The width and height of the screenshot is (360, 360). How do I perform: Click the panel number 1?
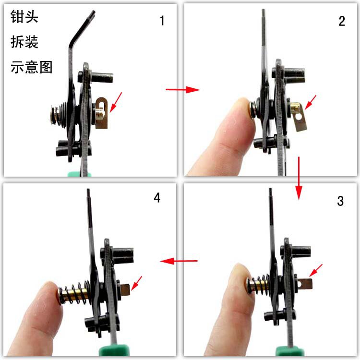tap(162, 21)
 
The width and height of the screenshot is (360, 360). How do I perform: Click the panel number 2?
tap(342, 21)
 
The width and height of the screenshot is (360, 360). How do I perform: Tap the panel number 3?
tap(340, 201)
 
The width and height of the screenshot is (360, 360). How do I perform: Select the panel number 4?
tap(157, 198)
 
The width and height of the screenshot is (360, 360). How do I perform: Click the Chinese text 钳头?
tap(24, 16)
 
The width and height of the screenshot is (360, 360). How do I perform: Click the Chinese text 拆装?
tap(24, 42)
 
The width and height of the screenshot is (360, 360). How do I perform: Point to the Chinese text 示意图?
tap(32, 67)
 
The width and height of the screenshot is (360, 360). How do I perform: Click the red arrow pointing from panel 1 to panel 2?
tap(183, 89)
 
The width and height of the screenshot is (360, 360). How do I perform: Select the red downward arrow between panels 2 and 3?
tap(299, 178)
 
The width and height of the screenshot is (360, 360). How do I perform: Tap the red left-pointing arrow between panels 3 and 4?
tap(179, 261)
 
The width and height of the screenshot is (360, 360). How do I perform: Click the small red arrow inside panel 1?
tap(116, 102)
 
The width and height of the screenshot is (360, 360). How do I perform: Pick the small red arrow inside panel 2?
tap(311, 102)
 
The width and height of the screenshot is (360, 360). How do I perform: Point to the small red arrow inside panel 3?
tap(316, 270)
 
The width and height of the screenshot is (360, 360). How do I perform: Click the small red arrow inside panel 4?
tap(136, 283)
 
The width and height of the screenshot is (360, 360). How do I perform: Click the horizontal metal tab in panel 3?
tap(305, 284)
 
